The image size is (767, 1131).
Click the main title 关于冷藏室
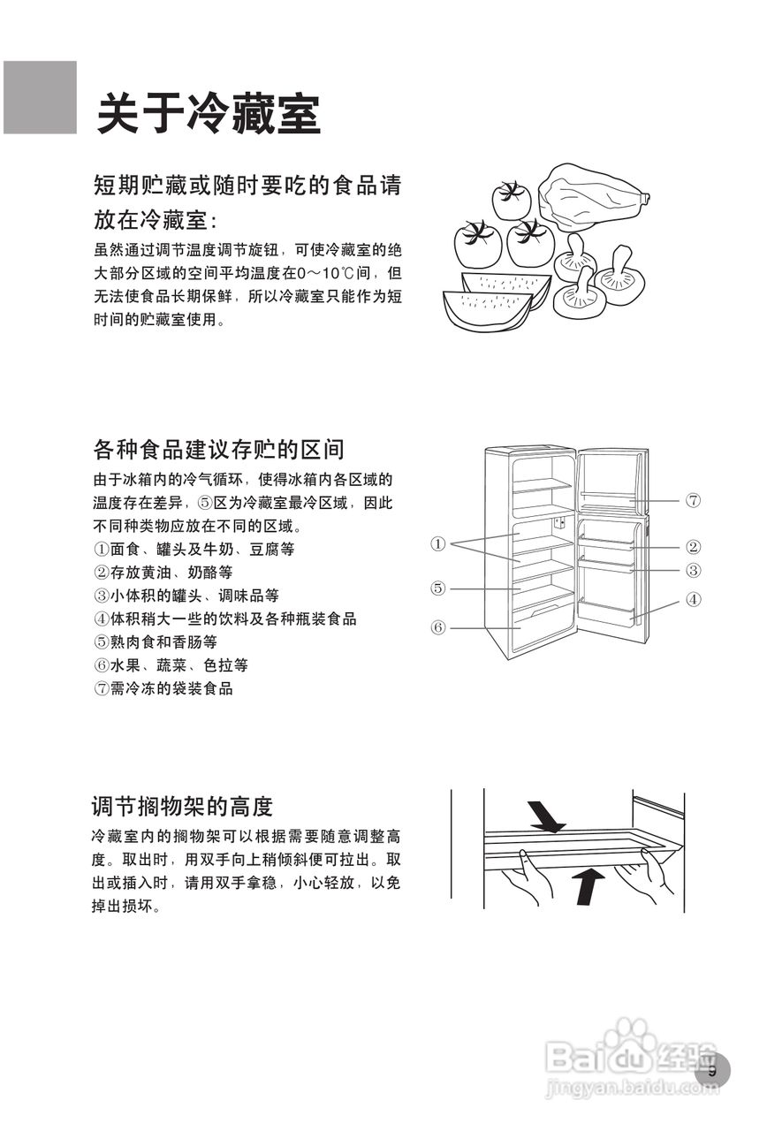coord(209,114)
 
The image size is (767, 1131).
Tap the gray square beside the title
coord(40,97)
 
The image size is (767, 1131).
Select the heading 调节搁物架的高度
coord(182,806)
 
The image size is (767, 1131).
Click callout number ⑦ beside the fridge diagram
coord(694,500)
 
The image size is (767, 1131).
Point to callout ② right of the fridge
coord(694,547)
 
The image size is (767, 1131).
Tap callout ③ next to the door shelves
coord(694,571)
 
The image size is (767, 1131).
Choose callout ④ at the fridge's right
coord(694,599)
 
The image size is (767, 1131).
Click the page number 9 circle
coord(711,1071)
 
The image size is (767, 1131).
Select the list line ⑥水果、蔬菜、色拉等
coord(171,664)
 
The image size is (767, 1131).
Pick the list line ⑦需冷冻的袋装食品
coord(163,687)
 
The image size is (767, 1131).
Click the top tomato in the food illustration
coord(510,200)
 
